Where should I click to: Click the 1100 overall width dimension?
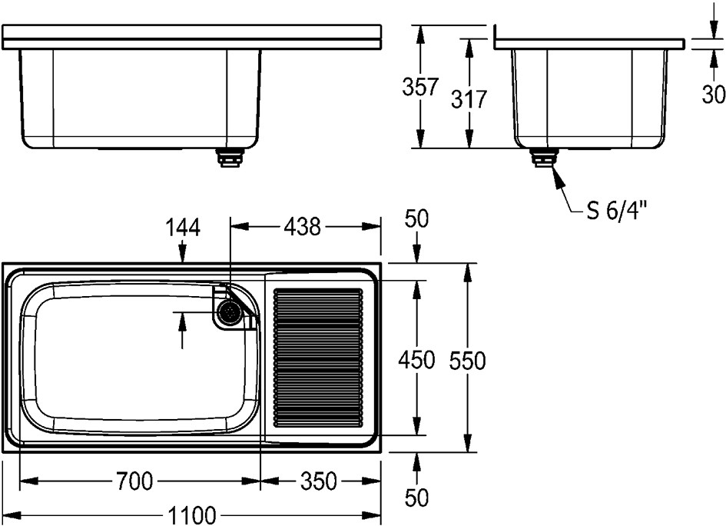point(192,515)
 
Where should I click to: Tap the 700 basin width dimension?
point(134,481)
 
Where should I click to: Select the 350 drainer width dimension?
point(319,481)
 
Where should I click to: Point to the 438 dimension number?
point(303,227)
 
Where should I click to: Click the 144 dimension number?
point(183,228)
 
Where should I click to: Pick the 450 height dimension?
point(416,360)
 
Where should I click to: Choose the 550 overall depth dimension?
point(467,361)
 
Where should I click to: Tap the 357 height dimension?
point(420,87)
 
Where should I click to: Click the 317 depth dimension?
point(469,99)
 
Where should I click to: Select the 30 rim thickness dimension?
point(714,95)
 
